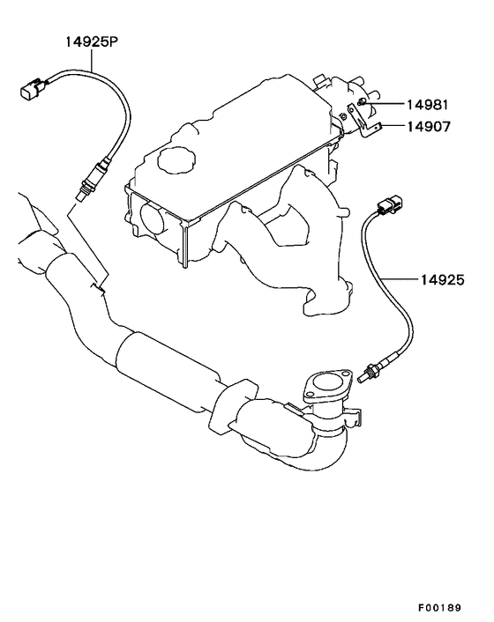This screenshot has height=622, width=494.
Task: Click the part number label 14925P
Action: click(x=92, y=41)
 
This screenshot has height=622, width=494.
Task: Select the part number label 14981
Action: click(x=427, y=105)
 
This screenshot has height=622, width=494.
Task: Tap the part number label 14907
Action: click(x=429, y=127)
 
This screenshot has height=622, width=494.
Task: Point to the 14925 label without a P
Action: click(x=442, y=280)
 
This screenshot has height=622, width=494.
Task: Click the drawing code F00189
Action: click(x=439, y=608)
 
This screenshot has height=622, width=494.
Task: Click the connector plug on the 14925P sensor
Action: click(x=33, y=88)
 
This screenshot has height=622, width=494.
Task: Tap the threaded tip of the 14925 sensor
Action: click(x=365, y=376)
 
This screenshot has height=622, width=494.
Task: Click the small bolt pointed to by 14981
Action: click(x=361, y=102)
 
